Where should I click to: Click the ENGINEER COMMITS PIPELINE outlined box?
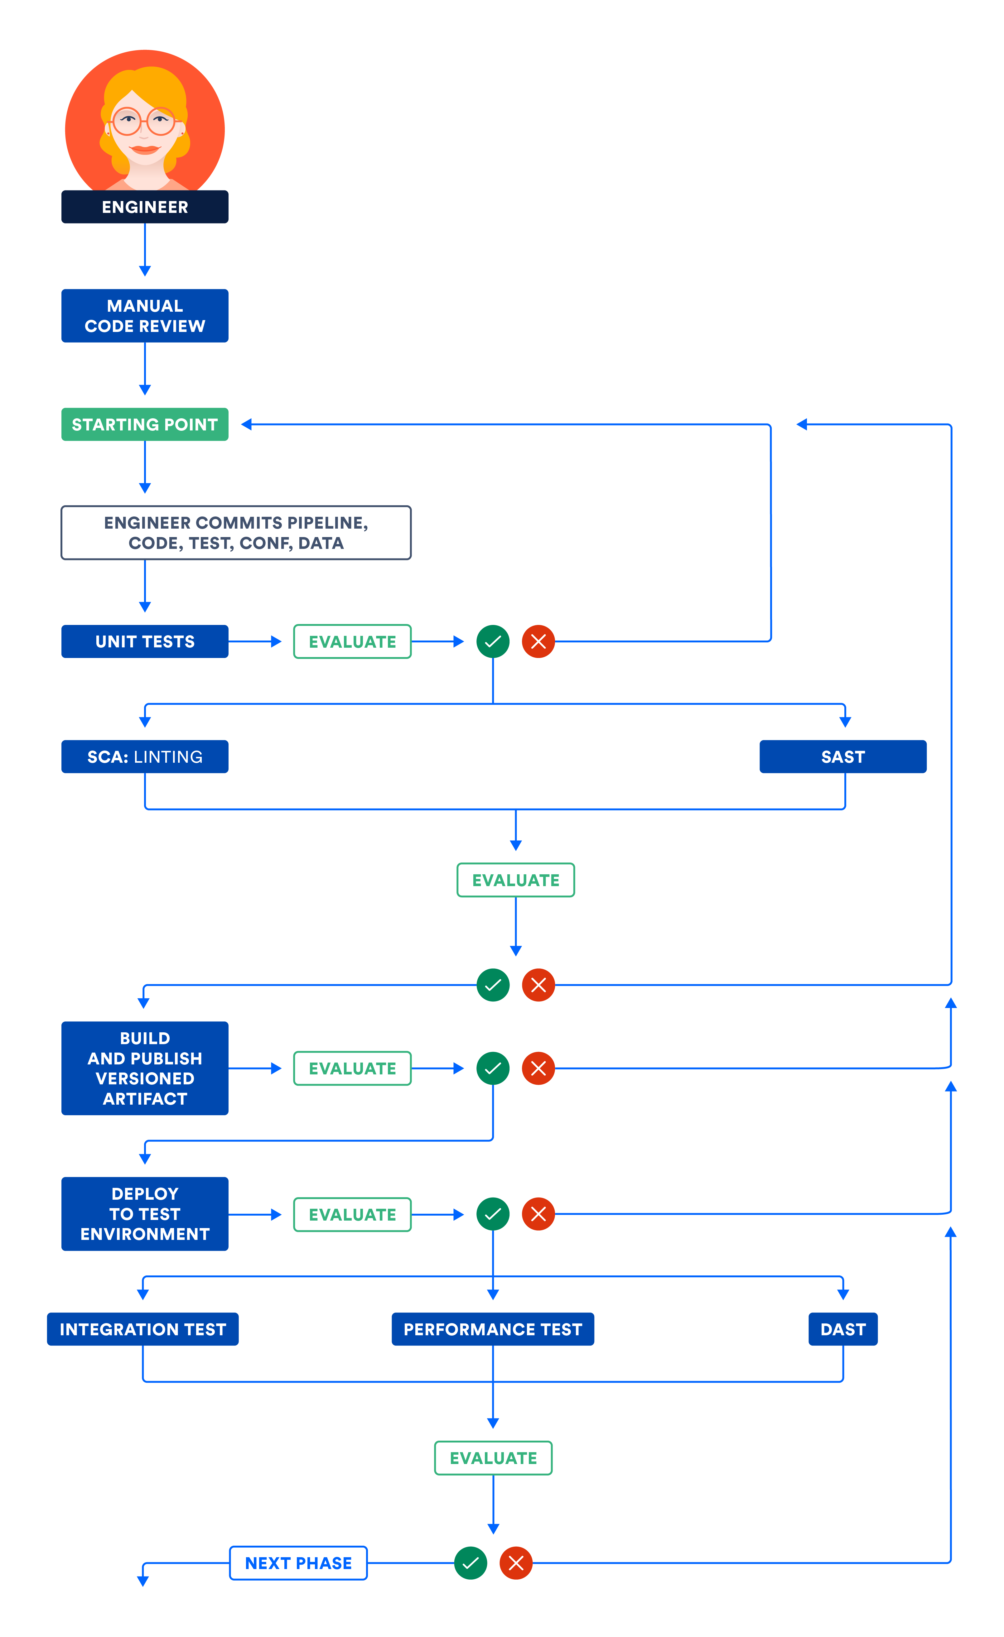tap(236, 533)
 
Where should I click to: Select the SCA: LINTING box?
tap(145, 757)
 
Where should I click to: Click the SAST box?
tap(842, 757)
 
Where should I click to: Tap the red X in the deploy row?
tap(538, 1214)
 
